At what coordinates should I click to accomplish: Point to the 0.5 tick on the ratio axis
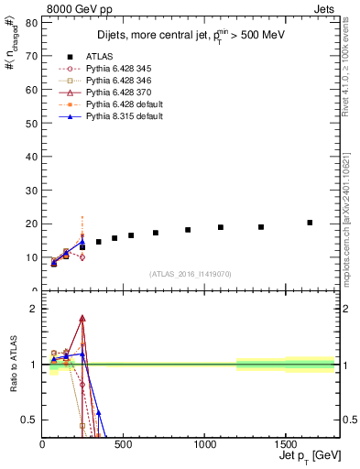(x=32, y=420)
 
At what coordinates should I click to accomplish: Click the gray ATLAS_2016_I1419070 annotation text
(x=191, y=273)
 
